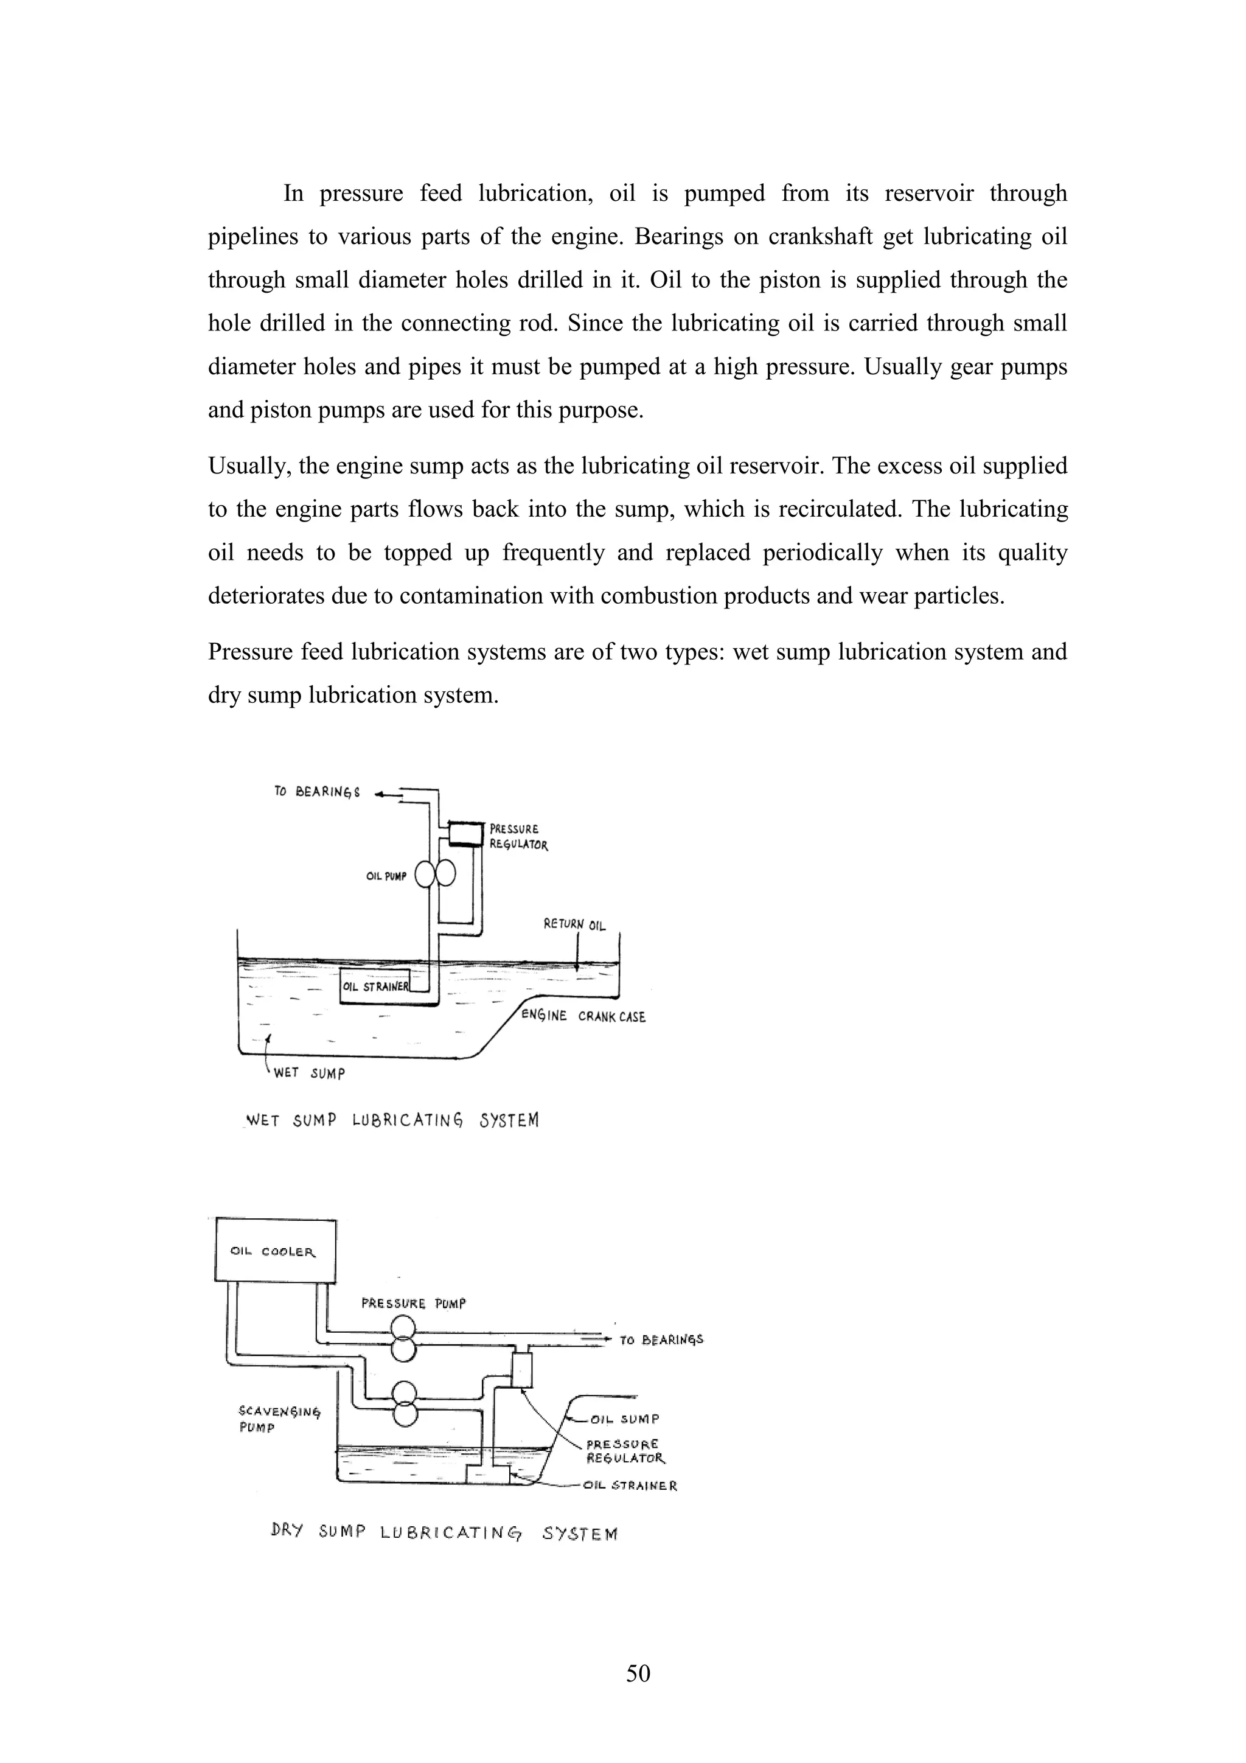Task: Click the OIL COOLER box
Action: (274, 1250)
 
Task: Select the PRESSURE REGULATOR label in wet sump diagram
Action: (518, 837)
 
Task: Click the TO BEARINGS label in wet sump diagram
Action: (316, 792)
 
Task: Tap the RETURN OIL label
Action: (574, 924)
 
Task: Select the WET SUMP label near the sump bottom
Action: (308, 1073)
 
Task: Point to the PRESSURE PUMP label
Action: (413, 1303)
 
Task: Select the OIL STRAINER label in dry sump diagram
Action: (630, 1485)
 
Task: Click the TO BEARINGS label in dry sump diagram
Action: (661, 1340)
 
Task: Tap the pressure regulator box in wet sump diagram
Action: (465, 833)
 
